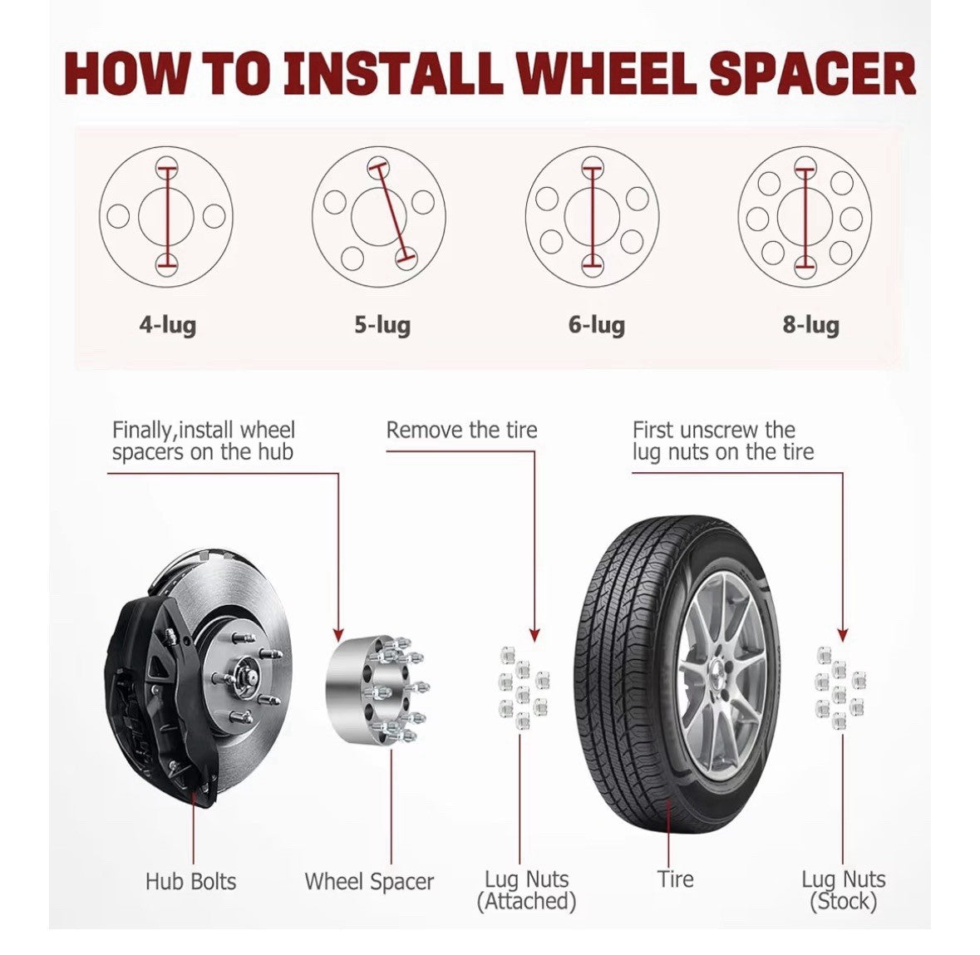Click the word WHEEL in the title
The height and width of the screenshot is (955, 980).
point(606,73)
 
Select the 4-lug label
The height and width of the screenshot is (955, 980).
point(168,325)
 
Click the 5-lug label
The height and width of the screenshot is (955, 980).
point(382,325)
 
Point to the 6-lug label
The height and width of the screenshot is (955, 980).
point(596,325)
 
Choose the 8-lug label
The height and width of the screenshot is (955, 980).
point(810,325)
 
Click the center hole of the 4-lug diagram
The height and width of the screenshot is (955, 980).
point(166,216)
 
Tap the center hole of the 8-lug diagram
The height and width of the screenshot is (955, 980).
point(805,216)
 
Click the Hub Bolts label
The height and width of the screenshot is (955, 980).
point(190,881)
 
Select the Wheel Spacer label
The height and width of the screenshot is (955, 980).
point(369,881)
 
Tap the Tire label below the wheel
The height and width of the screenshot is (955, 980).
point(675,879)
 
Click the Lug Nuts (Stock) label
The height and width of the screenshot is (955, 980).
point(843,890)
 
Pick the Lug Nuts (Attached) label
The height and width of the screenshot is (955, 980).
point(526,890)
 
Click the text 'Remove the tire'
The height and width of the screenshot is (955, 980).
point(461,430)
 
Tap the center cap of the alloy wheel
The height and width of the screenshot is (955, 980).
point(717,674)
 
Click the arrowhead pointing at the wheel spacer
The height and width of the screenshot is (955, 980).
point(338,634)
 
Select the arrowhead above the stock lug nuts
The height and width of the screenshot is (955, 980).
point(843,635)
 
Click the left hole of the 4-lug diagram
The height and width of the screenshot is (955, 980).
point(118,216)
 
